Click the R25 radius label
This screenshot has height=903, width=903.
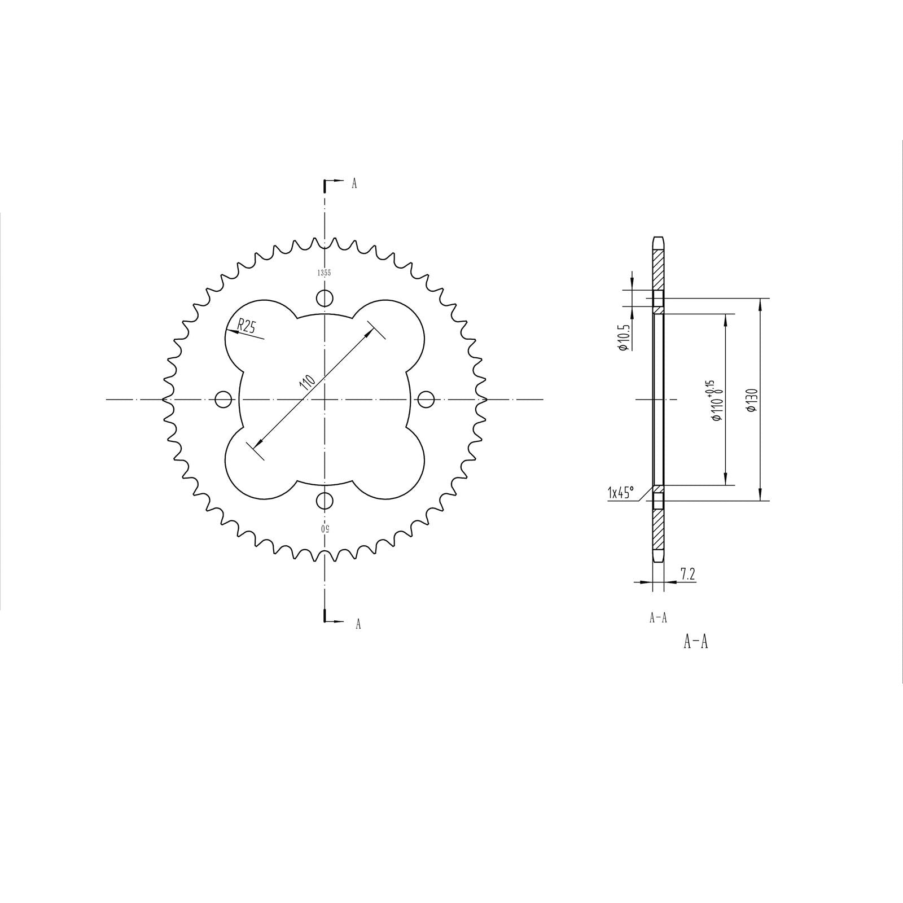[247, 326]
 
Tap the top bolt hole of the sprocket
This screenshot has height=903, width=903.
[325, 297]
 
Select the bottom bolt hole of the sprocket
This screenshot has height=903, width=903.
[325, 500]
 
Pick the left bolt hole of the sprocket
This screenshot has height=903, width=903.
[223, 400]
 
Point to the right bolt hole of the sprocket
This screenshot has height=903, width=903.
[426, 400]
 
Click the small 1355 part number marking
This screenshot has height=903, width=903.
[324, 273]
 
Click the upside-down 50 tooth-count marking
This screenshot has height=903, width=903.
[325, 529]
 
